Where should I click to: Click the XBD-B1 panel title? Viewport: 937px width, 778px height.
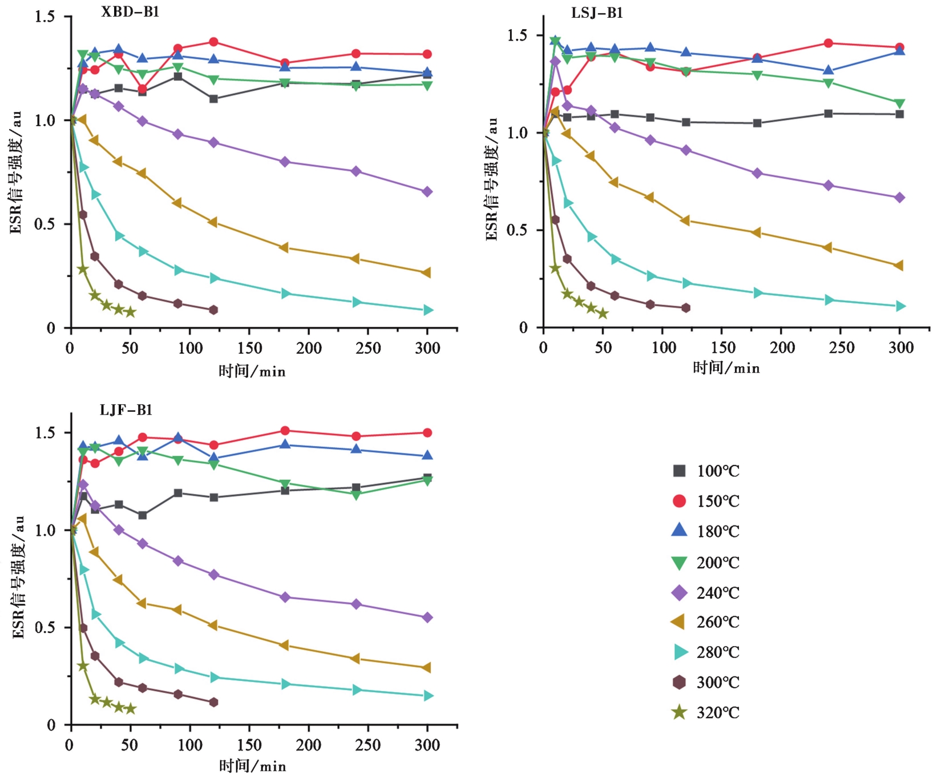point(130,12)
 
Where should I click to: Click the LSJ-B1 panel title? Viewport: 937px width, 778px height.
point(597,13)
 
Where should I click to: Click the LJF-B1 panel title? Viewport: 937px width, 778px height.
point(126,410)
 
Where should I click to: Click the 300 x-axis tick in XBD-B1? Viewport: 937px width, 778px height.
point(427,348)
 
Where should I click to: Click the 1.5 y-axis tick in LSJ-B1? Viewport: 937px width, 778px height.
point(517,35)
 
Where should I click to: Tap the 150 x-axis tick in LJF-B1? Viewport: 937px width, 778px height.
point(249,745)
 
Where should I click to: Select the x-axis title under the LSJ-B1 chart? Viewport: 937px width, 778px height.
point(726,368)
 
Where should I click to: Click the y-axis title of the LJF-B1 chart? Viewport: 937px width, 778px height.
point(18,577)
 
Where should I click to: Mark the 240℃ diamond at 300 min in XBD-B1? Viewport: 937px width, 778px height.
point(427,192)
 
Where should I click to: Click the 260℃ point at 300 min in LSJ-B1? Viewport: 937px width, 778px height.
point(899,266)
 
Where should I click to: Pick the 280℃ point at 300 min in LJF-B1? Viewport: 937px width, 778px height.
point(428,696)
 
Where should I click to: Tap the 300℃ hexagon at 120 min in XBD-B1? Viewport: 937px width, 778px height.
point(213,310)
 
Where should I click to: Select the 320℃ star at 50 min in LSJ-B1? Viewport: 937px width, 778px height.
point(603,314)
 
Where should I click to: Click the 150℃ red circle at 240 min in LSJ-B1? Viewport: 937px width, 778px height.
point(828,43)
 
